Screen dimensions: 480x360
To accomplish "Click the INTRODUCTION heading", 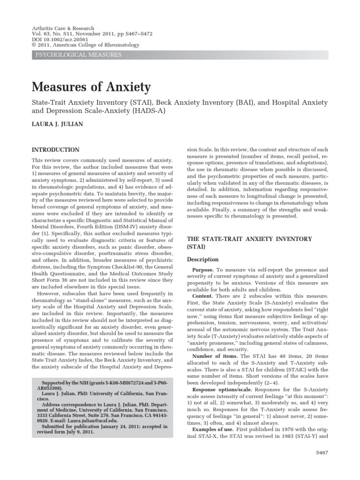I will tap(55, 150).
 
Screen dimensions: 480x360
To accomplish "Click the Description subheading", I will tap(202, 259).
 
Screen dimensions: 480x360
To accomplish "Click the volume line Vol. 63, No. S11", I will tap(56, 34).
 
